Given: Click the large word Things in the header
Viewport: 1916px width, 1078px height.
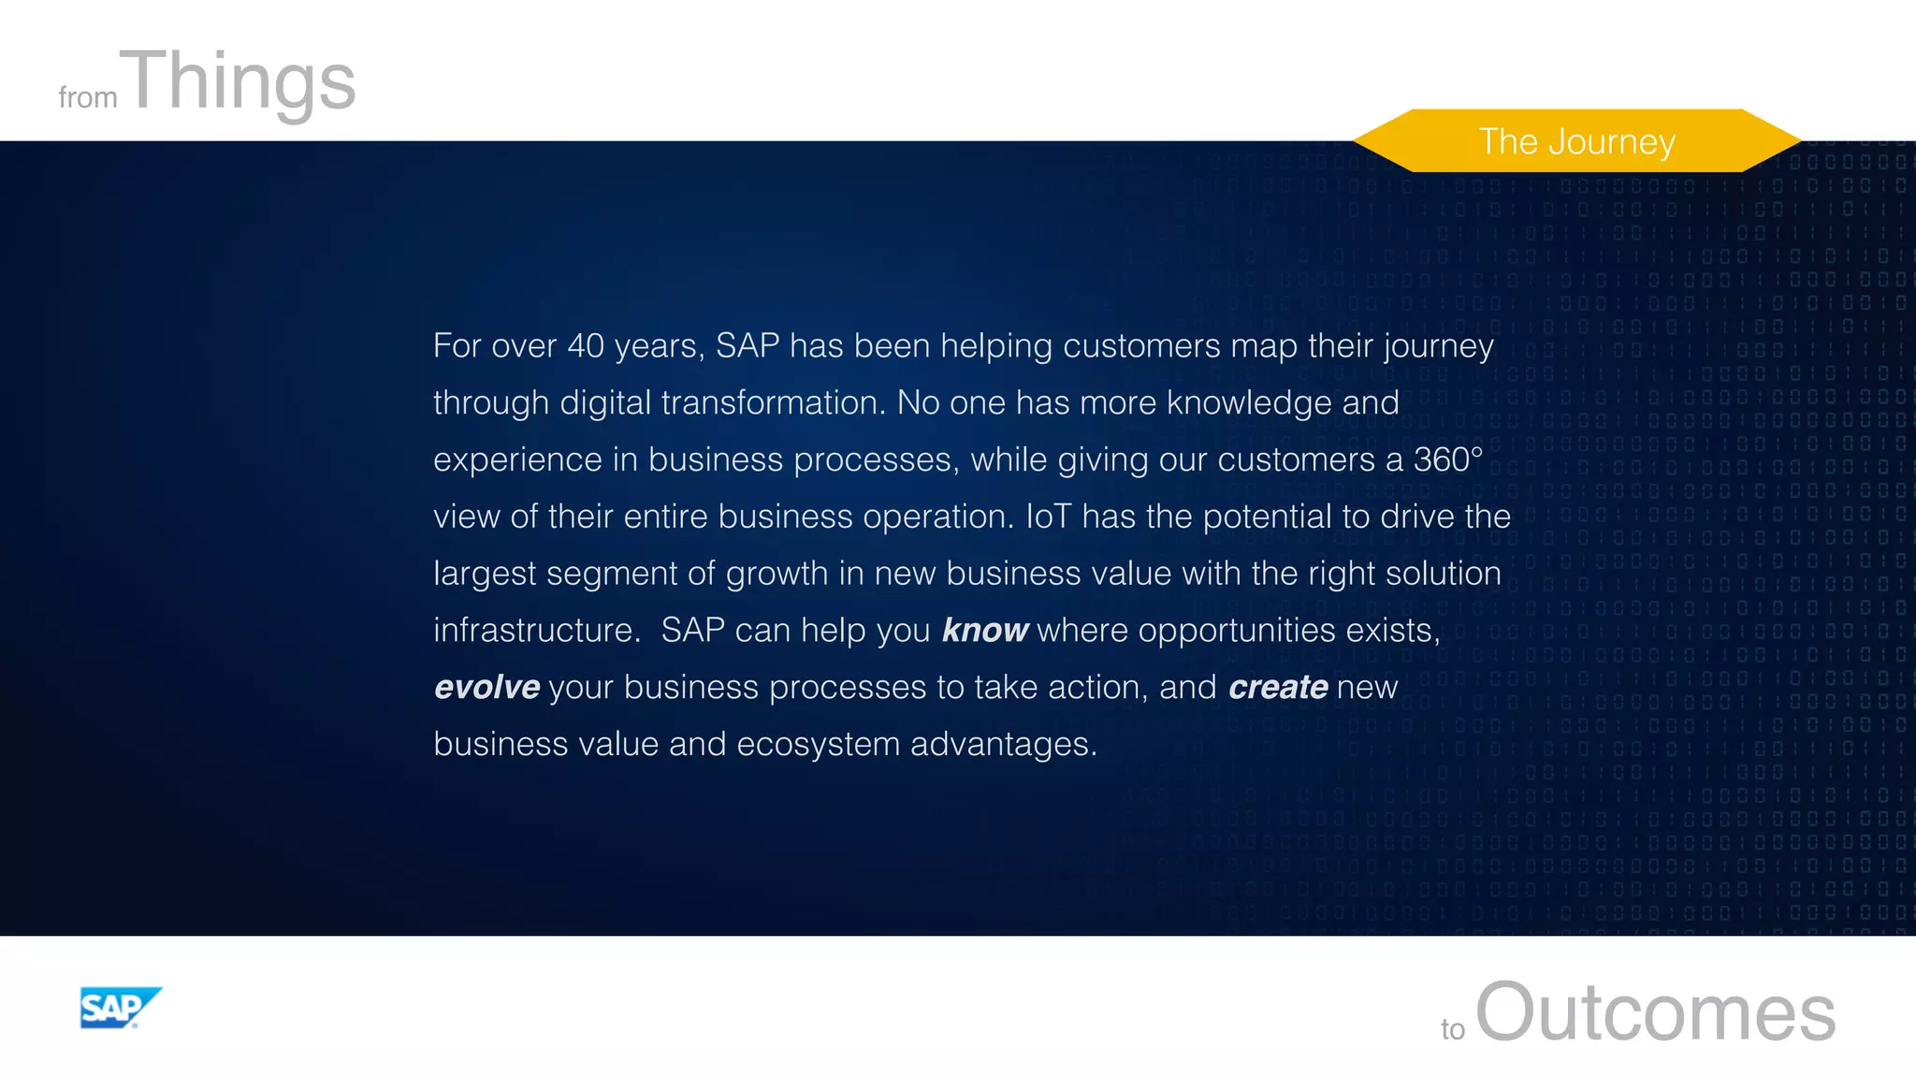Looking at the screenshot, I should point(241,81).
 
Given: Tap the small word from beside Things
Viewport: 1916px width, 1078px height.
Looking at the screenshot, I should point(87,97).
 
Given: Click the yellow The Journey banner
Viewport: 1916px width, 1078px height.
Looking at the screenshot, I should point(1576,141).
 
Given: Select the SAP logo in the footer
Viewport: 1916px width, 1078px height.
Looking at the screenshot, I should point(120,1008).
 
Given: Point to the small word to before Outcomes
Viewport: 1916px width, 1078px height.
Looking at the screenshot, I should point(1452,1029).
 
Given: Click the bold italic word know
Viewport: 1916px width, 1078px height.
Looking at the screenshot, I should point(984,631).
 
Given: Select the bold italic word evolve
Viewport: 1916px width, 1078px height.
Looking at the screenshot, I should point(487,688).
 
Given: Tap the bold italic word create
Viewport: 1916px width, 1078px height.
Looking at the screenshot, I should point(1278,688).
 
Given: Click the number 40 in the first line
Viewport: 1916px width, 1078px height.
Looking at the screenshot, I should point(586,346).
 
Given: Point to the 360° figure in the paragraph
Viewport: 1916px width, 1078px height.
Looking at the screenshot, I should point(1447,459).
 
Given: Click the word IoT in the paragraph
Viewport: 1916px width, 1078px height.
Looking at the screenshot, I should point(1048,517).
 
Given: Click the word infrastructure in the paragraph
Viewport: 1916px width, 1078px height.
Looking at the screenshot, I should point(536,631).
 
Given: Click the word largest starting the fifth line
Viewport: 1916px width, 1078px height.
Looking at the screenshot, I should point(485,575).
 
